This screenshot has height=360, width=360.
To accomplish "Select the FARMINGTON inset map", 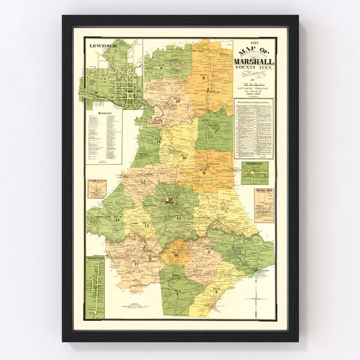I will point(255,172).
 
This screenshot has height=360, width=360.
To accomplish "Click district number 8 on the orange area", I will point(204,78).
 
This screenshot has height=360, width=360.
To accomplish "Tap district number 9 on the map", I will point(162,68).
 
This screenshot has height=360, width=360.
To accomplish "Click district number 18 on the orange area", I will point(176,255).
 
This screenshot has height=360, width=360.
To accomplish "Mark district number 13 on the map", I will point(117,219).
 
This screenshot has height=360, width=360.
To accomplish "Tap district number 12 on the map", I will point(143,183).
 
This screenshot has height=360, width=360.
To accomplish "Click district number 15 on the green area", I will point(179,219).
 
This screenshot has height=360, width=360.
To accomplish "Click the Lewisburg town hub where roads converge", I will point(170,201).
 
